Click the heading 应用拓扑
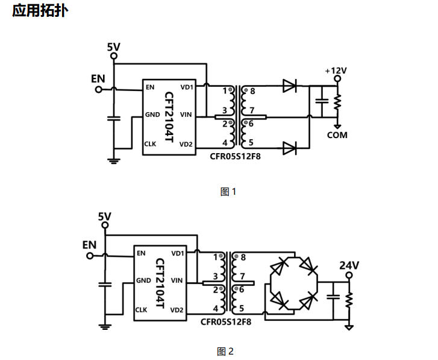coord(40,11)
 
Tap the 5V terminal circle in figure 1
coord(114,56)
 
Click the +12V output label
coord(336,71)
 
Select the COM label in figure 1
coord(337,135)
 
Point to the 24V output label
coord(349,265)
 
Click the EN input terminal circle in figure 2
coord(90,256)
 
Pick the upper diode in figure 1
coord(289,86)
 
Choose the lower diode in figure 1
coord(289,148)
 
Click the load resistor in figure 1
coord(337,102)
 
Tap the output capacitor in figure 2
coord(333,297)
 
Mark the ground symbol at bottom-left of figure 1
coord(114,161)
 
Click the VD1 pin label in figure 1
coord(187,87)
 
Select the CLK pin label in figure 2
coord(141,310)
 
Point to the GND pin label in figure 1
coord(152,115)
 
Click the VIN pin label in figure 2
coord(177,280)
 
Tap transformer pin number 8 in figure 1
coord(252,91)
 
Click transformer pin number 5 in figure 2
coord(242,308)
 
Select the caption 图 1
coord(228,192)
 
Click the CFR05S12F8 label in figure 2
coord(226,321)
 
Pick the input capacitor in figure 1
coord(114,119)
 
